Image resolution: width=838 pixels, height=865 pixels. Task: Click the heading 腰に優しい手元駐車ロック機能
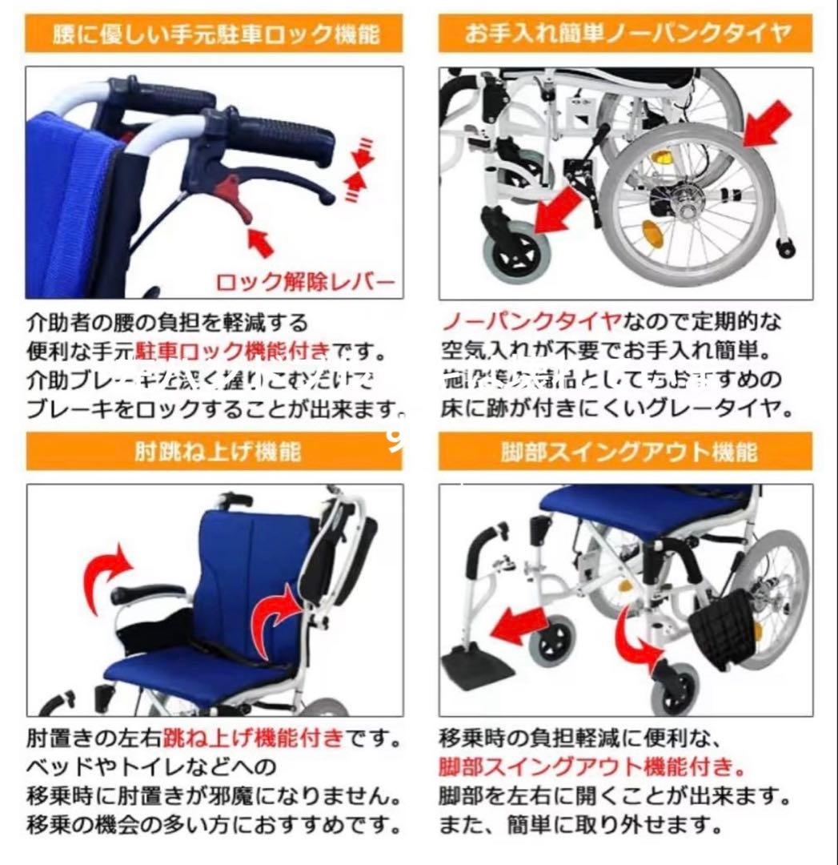coord(214,35)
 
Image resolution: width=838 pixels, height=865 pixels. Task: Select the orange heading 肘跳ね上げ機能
coord(214,452)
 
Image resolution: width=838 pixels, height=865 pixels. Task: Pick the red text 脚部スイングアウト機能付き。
coord(591,766)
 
